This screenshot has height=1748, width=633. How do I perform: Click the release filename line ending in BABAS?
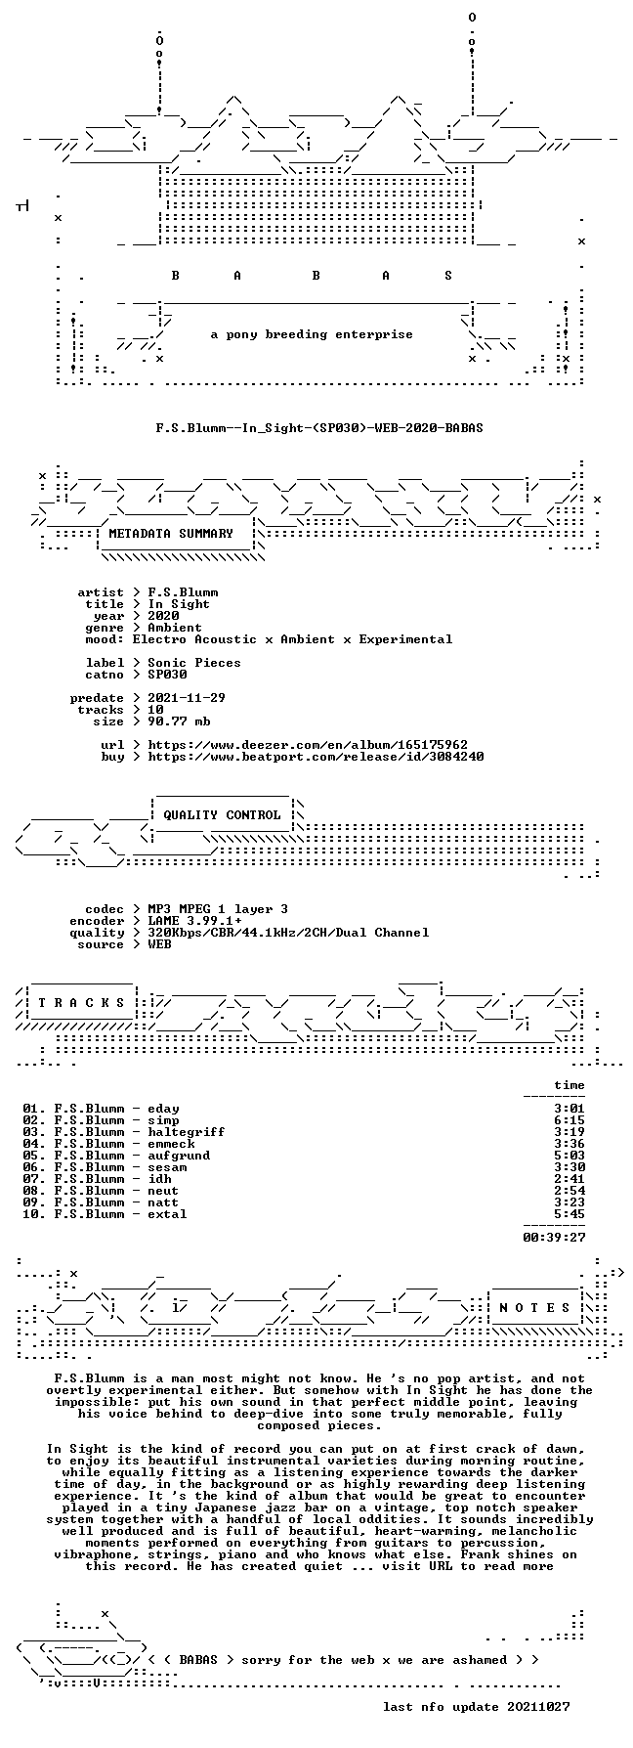pos(319,428)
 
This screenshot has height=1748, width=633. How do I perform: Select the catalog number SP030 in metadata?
pos(167,675)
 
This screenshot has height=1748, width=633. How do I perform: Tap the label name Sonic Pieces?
pos(194,663)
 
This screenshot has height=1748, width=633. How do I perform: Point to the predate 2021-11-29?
pos(187,698)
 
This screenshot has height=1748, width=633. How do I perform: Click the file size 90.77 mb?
pos(179,721)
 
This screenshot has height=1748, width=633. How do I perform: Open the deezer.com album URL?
pos(308,745)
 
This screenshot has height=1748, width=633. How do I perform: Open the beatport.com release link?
pos(316,757)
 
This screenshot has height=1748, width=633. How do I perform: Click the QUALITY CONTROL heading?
pos(222,815)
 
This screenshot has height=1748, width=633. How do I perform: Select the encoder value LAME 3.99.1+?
pos(194,921)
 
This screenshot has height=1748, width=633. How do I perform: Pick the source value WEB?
pos(159,944)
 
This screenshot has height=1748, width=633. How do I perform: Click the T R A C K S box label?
pos(81,1003)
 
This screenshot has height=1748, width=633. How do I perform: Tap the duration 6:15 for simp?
pos(570,1120)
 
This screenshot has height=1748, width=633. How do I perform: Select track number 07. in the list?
pos(34,1179)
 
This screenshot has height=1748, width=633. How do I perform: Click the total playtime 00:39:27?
pos(554,1238)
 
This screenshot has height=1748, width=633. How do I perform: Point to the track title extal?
pos(167,1214)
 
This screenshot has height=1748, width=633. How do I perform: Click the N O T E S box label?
pos(534,1308)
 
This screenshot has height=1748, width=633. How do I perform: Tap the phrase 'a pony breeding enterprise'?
pos(312,334)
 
